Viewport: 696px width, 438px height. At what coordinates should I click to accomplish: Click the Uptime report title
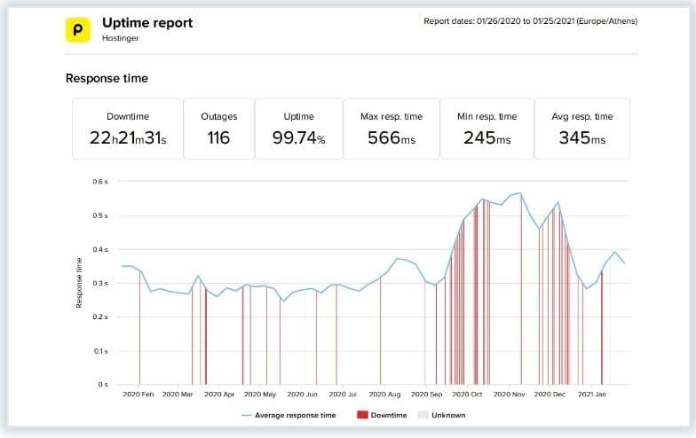point(147,21)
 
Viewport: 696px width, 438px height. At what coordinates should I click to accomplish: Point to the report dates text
point(530,20)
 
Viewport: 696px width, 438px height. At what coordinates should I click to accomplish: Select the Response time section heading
point(107,78)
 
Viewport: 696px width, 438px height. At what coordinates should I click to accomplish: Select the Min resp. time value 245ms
point(486,138)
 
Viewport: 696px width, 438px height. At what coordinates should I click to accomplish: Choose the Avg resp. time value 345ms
point(582,138)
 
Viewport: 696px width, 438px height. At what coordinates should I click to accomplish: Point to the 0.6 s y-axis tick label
point(100,182)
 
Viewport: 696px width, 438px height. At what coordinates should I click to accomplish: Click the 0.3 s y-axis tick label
point(100,284)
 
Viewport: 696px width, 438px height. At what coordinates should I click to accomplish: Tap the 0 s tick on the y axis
point(103,385)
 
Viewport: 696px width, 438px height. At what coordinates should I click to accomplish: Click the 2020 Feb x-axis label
point(138,395)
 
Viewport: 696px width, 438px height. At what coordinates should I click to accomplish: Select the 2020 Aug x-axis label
point(384,395)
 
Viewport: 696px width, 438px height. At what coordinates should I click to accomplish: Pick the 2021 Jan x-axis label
point(592,395)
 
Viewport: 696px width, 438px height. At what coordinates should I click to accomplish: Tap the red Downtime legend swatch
point(361,415)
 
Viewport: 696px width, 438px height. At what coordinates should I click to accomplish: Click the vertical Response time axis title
point(79,284)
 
